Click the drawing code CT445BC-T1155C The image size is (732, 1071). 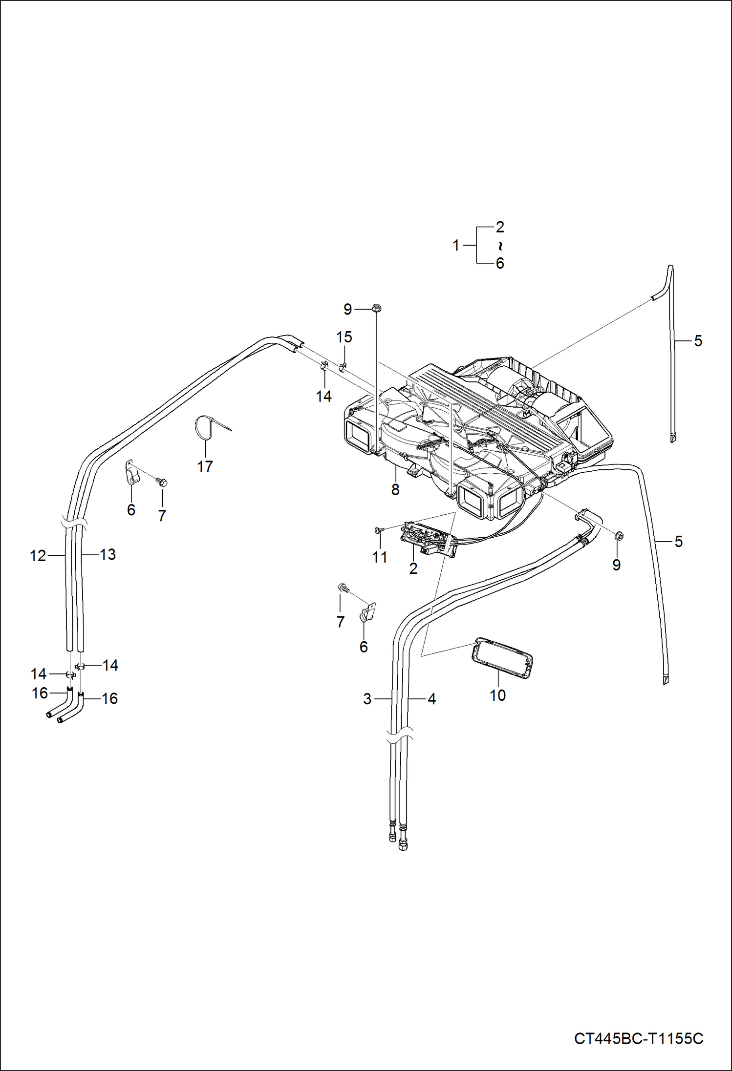tap(638, 1038)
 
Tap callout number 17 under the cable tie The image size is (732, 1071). tap(205, 466)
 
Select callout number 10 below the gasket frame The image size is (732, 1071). tap(497, 695)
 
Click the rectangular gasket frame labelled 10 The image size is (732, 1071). tap(502, 658)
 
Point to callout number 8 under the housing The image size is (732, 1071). tap(395, 489)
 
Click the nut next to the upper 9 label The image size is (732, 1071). tap(376, 308)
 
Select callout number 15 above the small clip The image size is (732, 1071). tap(344, 337)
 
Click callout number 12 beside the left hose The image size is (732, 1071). tap(38, 556)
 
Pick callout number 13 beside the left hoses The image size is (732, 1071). tap(108, 554)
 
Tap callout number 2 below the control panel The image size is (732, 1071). tap(413, 568)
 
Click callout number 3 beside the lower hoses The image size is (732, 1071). tap(367, 699)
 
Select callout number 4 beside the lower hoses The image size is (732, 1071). tap(431, 699)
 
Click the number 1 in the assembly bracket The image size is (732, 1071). tap(456, 245)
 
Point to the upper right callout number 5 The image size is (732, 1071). tap(698, 341)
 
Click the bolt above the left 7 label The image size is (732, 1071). tap(162, 483)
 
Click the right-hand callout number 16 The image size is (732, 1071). tap(109, 698)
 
